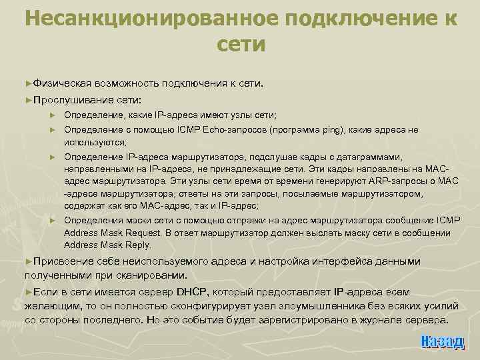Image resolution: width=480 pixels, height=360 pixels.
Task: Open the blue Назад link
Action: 442,341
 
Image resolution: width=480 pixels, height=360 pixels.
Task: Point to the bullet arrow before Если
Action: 28,292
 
